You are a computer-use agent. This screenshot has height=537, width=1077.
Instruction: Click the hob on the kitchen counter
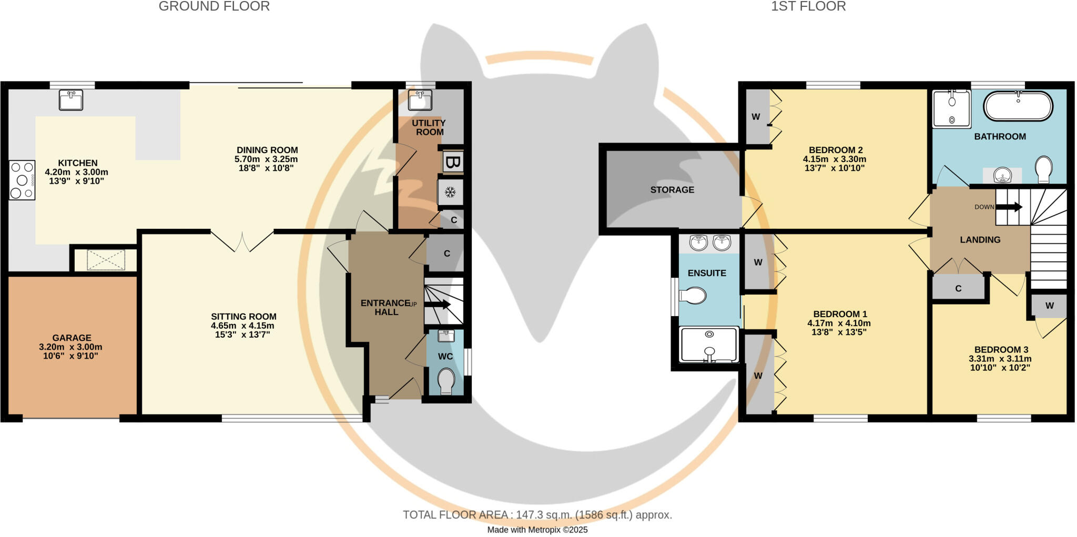[x=22, y=180]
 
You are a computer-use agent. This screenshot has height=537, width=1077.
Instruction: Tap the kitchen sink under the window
[x=70, y=100]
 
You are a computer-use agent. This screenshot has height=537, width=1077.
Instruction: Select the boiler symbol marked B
[x=452, y=162]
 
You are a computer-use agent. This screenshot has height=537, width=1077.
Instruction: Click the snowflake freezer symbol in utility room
[x=450, y=192]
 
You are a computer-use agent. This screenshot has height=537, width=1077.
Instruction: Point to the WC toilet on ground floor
[x=446, y=380]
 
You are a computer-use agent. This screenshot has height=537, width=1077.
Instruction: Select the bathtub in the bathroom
[x=1018, y=106]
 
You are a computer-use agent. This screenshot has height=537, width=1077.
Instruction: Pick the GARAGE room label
[x=72, y=338]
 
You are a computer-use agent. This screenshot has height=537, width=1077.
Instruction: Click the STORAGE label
[x=672, y=190]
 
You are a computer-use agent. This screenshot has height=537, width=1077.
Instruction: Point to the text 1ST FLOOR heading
[x=808, y=7]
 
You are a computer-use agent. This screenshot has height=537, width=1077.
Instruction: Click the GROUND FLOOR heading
[x=214, y=7]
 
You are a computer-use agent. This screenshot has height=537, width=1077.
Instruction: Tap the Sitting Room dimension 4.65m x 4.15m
[x=243, y=326]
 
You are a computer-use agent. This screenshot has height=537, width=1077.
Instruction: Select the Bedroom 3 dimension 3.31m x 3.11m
[x=1000, y=359]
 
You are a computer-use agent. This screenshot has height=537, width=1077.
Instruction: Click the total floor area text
[x=537, y=515]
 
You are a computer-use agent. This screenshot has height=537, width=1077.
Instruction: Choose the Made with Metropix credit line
[x=537, y=530]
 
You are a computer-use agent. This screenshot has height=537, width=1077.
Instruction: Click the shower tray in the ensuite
[x=709, y=345]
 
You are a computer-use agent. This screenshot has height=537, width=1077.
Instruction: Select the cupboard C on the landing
[x=958, y=288]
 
